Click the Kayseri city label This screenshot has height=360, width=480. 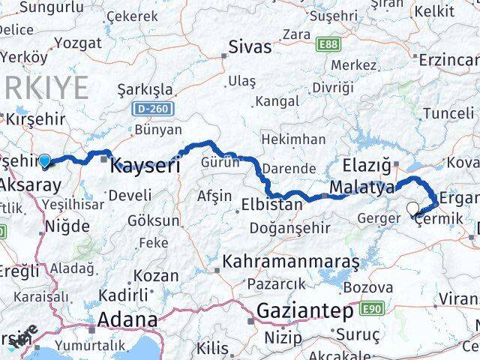145,166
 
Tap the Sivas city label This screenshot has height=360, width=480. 250,47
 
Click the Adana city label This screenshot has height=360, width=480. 126,320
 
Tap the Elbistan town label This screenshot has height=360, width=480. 271,204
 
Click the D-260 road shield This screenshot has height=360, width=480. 154,109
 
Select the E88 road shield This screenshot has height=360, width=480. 328,45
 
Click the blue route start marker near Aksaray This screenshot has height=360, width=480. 45,160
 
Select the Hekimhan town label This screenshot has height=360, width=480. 293,139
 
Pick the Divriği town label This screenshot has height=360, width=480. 332,88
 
